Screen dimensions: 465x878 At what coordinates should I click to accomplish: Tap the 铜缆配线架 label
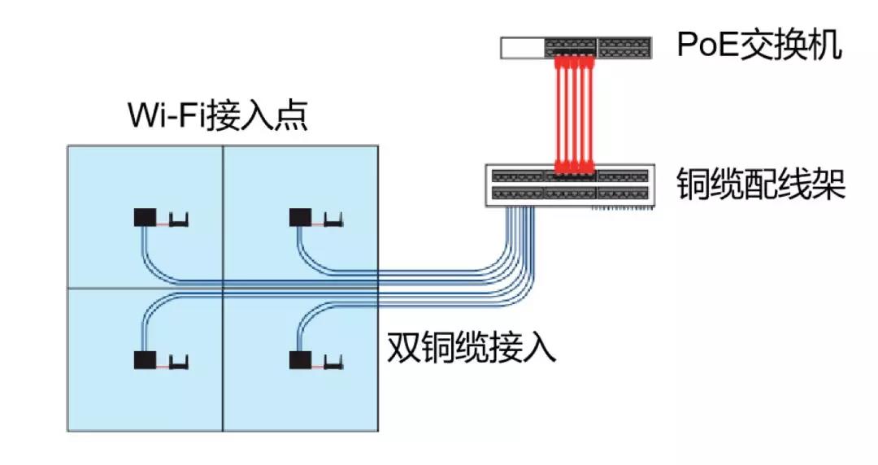click(x=761, y=185)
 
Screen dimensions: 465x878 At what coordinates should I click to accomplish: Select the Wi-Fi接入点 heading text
click(x=218, y=116)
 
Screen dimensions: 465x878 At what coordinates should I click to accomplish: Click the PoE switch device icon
click(x=576, y=47)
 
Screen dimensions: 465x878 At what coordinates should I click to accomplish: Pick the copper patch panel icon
click(x=568, y=185)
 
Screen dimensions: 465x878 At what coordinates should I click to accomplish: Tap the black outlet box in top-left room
click(x=146, y=218)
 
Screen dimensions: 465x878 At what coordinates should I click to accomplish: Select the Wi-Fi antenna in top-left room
click(x=180, y=219)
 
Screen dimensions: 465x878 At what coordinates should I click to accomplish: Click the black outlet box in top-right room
click(x=301, y=218)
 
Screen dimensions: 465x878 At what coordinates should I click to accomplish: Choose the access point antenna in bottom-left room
click(x=180, y=359)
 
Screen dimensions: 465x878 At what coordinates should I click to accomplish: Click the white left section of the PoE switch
click(x=521, y=48)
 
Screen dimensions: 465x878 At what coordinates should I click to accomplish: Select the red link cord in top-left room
click(x=163, y=221)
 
